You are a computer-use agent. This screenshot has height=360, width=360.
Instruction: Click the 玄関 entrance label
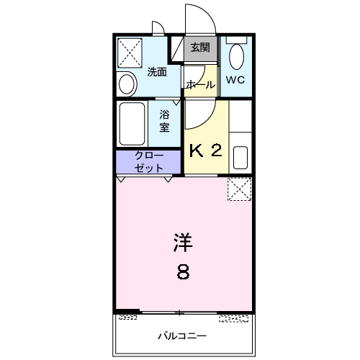pos(200,48)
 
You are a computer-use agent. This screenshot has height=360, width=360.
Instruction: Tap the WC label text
pos(235,81)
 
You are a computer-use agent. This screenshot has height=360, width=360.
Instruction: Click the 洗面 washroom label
pos(157,72)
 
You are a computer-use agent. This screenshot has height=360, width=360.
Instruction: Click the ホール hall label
pos(200,85)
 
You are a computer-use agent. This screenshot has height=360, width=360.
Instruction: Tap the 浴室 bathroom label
pos(165,120)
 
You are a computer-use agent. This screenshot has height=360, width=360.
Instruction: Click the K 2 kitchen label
pos(204,150)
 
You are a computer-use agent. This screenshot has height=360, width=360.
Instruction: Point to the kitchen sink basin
pos(240,156)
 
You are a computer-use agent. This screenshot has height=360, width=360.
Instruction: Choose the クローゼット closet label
pos(149,162)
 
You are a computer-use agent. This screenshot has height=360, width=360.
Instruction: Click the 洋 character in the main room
pos(183,243)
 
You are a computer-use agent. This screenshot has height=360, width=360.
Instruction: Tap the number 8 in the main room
pos(184,272)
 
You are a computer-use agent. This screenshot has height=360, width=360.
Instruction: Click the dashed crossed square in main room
pos(238,189)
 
